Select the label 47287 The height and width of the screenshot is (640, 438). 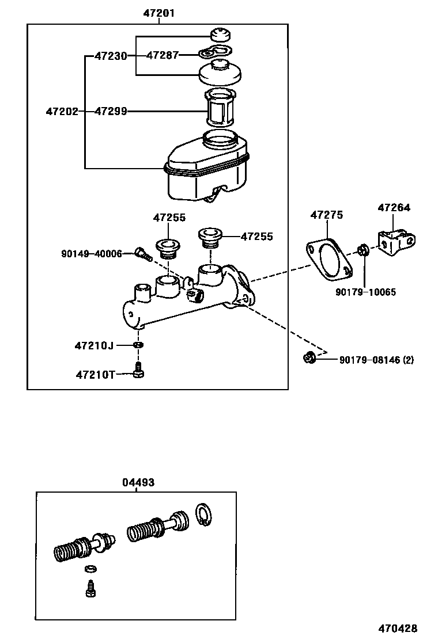coord(162,55)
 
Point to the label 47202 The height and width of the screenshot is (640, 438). coord(62,111)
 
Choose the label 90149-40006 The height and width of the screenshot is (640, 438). coord(92,253)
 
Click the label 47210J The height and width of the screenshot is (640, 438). coord(93,345)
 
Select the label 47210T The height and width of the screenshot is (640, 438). coord(94,375)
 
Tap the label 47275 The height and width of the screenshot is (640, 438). coord(326,215)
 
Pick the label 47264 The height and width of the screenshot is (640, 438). coord(394,208)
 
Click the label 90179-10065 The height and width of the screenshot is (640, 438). coord(365,292)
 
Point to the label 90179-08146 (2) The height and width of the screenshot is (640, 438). coord(376,360)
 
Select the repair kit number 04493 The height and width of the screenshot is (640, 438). coord(138,482)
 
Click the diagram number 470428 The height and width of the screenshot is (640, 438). coord(398,628)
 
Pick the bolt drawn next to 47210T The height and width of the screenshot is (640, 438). coord(138,371)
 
